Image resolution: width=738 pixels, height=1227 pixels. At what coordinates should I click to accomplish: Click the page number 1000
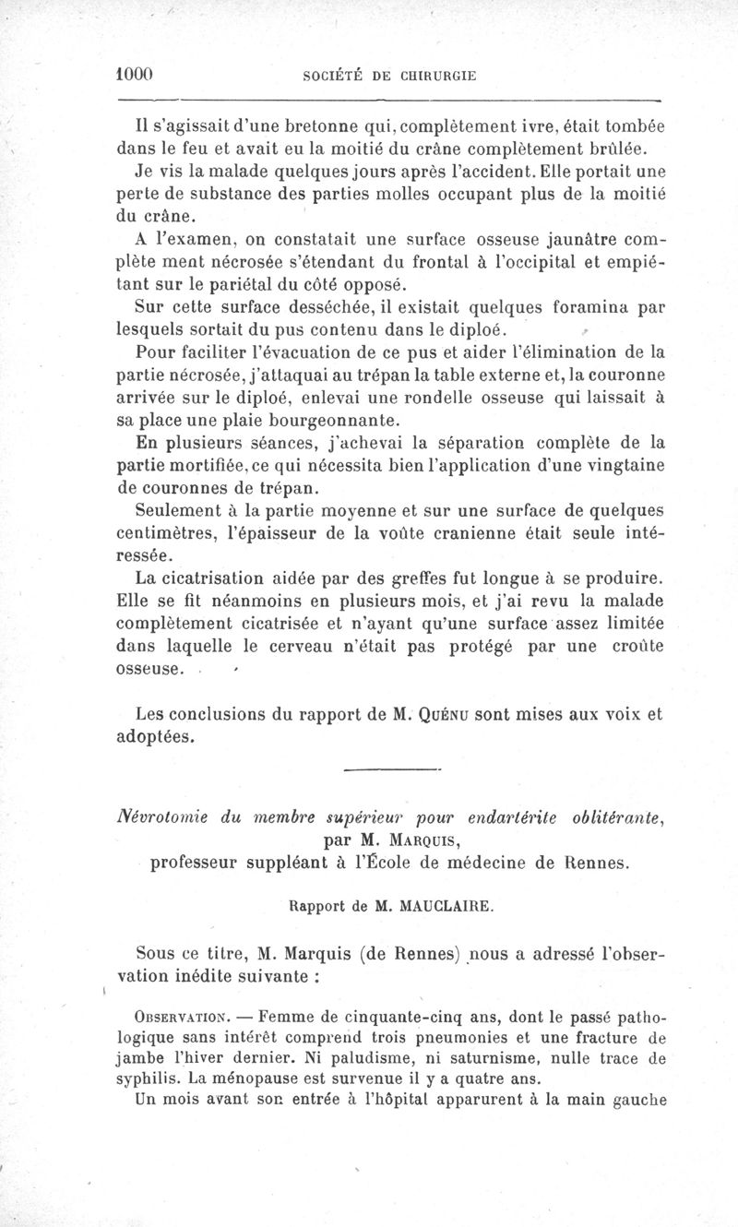point(135,75)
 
